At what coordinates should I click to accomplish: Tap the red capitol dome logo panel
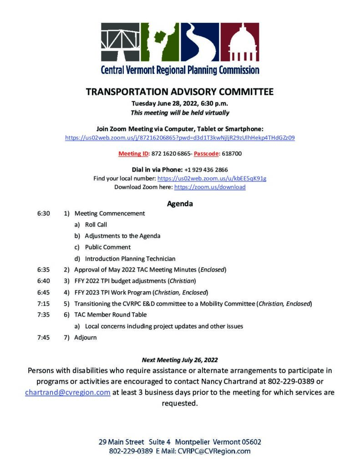[240, 42]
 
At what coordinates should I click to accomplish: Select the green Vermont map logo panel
[160, 42]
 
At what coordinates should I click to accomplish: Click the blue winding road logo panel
[200, 42]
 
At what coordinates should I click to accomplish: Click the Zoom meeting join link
[180, 137]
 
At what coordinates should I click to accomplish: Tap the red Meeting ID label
[130, 154]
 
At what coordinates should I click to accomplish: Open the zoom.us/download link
[210, 187]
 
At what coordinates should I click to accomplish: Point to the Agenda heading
[180, 203]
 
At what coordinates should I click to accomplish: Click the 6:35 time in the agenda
[44, 269]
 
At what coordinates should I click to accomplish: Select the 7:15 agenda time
[44, 304]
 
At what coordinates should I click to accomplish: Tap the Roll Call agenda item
[96, 224]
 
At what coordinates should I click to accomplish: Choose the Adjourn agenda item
[86, 338]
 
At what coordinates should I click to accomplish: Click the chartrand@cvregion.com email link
[68, 392]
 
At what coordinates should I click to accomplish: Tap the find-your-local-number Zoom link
[212, 178]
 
